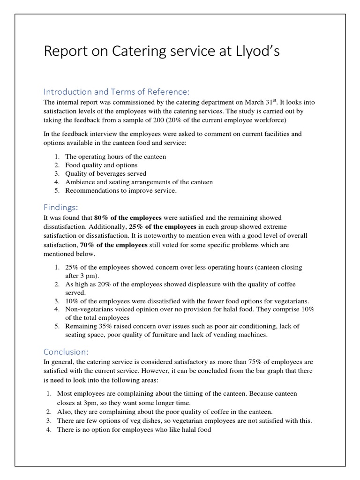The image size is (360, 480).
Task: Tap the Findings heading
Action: pyautogui.click(x=61, y=207)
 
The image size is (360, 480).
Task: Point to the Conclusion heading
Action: pyautogui.click(x=66, y=351)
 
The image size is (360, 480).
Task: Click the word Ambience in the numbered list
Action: pyautogui.click(x=81, y=182)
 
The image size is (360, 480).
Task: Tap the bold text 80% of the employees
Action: pyautogui.click(x=128, y=218)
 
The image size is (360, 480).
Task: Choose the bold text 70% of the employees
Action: pyautogui.click(x=114, y=245)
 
